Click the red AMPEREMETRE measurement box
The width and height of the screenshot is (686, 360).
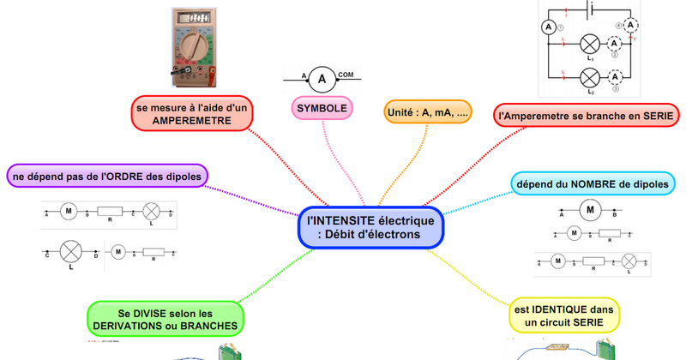(191, 113)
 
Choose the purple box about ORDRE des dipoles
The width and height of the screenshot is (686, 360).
(107, 177)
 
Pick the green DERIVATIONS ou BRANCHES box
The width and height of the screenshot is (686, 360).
(165, 321)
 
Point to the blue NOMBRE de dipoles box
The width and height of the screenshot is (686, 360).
(595, 183)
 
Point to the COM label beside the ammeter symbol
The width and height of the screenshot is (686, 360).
(346, 75)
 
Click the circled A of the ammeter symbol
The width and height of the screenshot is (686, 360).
(322, 81)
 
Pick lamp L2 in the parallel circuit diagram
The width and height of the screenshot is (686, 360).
(590, 77)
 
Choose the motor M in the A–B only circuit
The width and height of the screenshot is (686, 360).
(590, 207)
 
